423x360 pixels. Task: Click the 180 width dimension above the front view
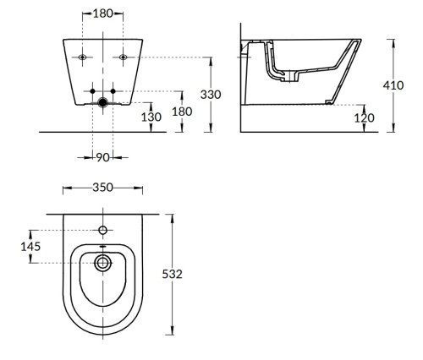click(x=103, y=14)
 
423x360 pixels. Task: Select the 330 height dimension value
click(x=210, y=94)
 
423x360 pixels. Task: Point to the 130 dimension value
click(x=152, y=117)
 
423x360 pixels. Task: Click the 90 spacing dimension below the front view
click(x=103, y=156)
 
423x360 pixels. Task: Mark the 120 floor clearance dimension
click(x=364, y=117)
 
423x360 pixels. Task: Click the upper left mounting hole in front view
click(x=83, y=57)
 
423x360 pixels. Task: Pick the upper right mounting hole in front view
click(x=124, y=57)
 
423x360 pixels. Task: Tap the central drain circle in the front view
click(x=103, y=103)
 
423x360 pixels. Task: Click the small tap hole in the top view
click(x=103, y=230)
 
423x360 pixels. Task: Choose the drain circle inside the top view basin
click(x=103, y=262)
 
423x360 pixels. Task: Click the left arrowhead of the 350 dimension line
click(x=64, y=189)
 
